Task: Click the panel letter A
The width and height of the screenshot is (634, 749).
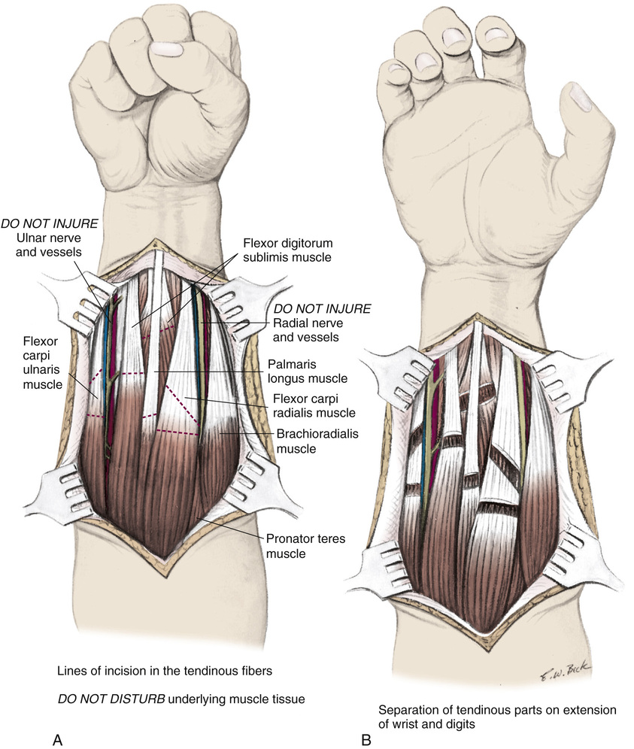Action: point(56,740)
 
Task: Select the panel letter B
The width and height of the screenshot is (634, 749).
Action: point(366,740)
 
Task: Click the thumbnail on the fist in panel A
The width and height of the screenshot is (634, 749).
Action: point(168,50)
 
